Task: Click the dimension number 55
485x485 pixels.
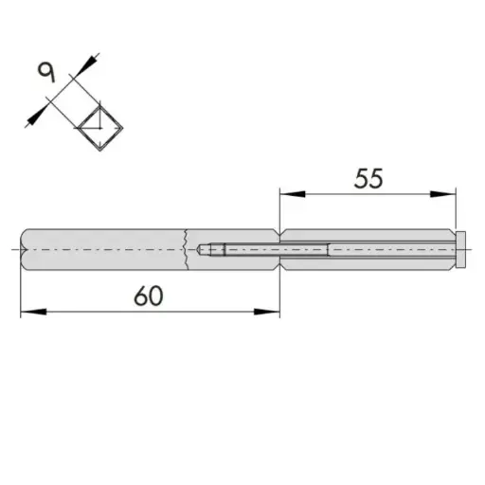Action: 368,178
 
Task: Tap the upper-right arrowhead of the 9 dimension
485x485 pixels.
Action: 89,63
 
